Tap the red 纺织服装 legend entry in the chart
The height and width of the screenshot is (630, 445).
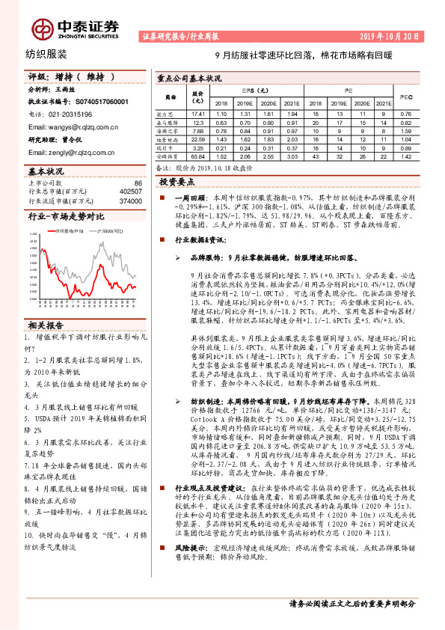point(68,232)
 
